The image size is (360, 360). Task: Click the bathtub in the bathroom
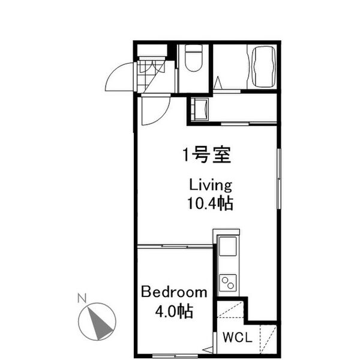(263, 67)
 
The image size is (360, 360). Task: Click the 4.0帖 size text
(174, 312)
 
